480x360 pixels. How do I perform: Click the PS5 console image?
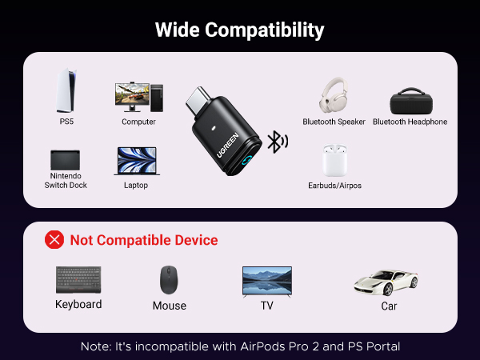65,90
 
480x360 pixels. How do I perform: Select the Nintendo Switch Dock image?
65,158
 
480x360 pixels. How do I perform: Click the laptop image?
136,160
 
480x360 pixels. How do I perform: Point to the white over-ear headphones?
333,96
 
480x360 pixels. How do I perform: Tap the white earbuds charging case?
334,160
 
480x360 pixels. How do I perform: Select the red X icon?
54,239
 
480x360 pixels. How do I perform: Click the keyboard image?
78,279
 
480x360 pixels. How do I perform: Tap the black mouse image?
169,280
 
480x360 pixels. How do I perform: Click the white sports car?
386,281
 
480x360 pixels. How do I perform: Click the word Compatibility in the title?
265,30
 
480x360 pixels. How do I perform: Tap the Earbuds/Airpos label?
334,186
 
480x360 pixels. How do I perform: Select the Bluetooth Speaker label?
334,122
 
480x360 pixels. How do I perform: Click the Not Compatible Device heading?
144,240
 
